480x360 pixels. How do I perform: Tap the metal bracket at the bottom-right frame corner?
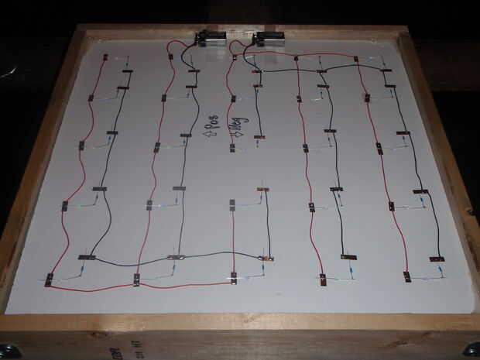coord(470,349)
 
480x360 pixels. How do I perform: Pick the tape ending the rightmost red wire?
coord(406,276)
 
